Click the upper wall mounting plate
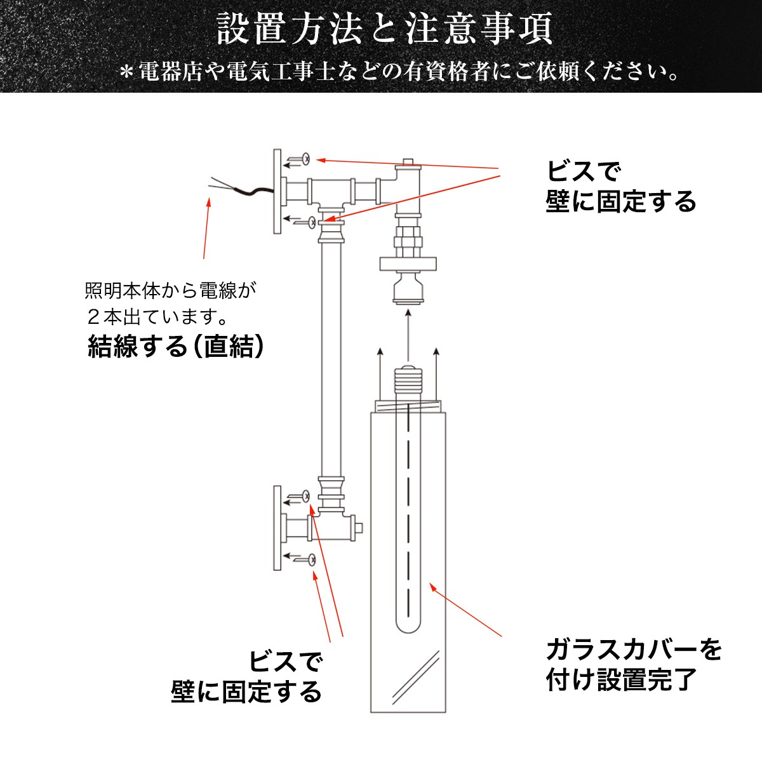(x=277, y=191)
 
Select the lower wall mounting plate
(x=277, y=528)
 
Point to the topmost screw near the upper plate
(x=305, y=159)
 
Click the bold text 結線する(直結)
(x=175, y=347)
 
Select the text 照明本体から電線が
(x=171, y=291)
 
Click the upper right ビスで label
(x=583, y=172)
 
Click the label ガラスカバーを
(x=634, y=650)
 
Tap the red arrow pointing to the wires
(x=206, y=229)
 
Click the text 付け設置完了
(x=622, y=680)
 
